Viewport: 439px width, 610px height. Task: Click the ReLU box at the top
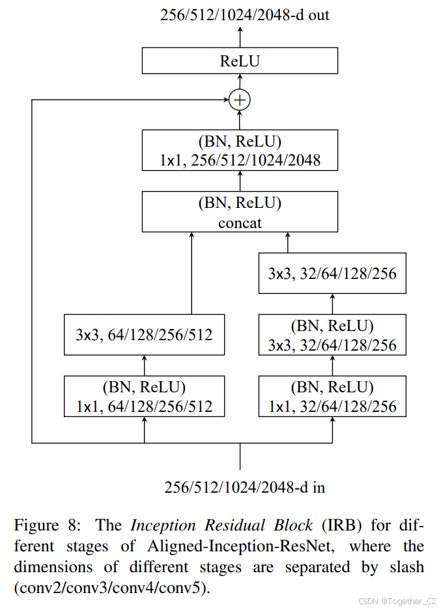pos(240,61)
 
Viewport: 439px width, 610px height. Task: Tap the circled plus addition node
pos(240,100)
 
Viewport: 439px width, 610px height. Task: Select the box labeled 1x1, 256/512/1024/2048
pos(240,151)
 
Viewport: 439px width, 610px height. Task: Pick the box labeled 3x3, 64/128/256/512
pos(144,336)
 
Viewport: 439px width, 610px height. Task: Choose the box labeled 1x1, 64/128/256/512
pos(144,397)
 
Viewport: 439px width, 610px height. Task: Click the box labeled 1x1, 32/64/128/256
pos(332,397)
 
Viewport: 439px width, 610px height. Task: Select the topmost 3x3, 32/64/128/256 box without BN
pos(332,273)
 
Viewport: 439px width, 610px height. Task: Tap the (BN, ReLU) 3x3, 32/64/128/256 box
pos(332,336)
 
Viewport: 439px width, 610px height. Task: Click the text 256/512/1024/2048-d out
pos(245,14)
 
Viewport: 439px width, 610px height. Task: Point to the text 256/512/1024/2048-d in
pos(245,487)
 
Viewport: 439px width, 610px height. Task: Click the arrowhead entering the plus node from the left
pos(224,100)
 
